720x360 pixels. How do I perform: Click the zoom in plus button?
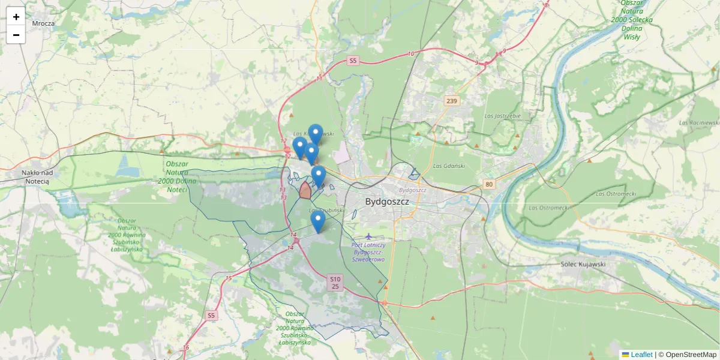tap(16, 17)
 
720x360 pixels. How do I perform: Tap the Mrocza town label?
tap(44, 23)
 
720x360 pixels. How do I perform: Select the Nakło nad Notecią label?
tap(37, 176)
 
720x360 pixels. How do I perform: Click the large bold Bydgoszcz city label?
tap(387, 202)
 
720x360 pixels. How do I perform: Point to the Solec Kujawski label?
tap(583, 264)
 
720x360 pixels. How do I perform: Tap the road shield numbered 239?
tap(452, 101)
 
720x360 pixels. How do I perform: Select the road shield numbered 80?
tap(490, 184)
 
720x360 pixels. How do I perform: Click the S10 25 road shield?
tap(335, 283)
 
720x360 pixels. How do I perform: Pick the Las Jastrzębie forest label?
tap(503, 116)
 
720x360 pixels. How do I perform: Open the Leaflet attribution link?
tap(641, 355)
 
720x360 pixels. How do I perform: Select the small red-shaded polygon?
tap(305, 191)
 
